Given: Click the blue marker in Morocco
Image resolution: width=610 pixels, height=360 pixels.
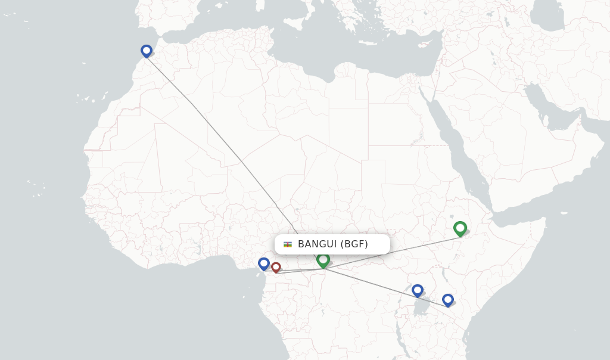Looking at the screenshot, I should pyautogui.click(x=146, y=51).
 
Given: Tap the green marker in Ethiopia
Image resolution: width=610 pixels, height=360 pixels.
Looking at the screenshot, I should pyautogui.click(x=460, y=228).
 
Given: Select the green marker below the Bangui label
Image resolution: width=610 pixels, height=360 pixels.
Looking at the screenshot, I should pyautogui.click(x=323, y=260).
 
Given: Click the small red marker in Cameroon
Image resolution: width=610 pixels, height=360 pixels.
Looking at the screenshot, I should pyautogui.click(x=276, y=267).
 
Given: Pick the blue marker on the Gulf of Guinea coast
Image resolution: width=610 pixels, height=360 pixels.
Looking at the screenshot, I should pyautogui.click(x=264, y=263).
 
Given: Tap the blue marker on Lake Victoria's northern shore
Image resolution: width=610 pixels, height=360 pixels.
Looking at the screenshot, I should pyautogui.click(x=417, y=290).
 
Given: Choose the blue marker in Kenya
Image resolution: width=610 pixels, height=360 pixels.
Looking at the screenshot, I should pyautogui.click(x=447, y=300).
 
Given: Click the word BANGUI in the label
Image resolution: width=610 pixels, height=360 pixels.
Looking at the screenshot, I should pyautogui.click(x=318, y=244).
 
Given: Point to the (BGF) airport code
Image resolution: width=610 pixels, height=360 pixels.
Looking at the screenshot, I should pyautogui.click(x=354, y=244).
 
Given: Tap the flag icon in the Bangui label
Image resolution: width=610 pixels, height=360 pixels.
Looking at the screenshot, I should pyautogui.click(x=288, y=244).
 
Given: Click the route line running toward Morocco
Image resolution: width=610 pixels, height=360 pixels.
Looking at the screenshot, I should pyautogui.click(x=238, y=158).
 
